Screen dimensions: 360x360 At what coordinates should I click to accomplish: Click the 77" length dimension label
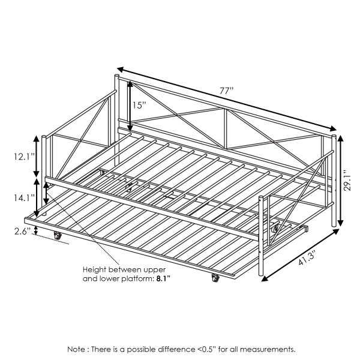click(226, 91)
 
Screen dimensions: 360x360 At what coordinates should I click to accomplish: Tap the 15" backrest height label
click(139, 106)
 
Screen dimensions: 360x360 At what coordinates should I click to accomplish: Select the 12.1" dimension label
click(25, 157)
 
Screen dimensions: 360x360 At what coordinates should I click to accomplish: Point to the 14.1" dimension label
click(25, 197)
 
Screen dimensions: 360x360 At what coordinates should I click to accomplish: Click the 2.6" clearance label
click(23, 231)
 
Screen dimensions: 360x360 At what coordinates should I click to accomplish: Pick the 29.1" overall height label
click(348, 180)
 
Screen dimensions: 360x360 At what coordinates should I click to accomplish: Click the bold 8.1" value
click(163, 279)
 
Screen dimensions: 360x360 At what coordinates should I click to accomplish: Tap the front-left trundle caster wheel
click(58, 236)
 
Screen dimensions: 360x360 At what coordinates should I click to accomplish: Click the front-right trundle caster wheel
click(215, 278)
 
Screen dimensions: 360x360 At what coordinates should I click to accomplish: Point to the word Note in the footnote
click(76, 349)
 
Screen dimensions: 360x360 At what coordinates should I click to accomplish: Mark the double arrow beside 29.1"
click(340, 181)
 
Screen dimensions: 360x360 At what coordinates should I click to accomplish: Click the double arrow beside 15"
click(130, 107)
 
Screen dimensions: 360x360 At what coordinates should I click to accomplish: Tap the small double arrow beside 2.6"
click(35, 230)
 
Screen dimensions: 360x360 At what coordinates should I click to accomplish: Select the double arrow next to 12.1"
click(36, 157)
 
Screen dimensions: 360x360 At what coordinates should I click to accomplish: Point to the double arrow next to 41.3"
click(301, 256)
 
